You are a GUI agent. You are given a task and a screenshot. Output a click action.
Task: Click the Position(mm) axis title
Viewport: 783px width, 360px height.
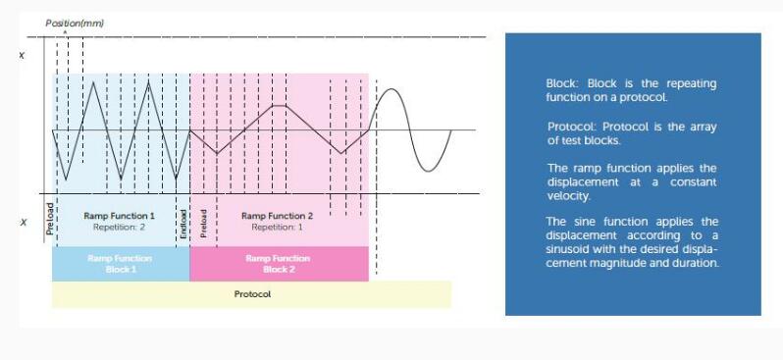(x=75, y=23)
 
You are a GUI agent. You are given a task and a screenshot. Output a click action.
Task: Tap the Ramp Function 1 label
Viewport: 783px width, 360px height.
(x=120, y=216)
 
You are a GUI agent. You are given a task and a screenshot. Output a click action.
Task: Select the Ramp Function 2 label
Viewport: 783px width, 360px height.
(x=277, y=216)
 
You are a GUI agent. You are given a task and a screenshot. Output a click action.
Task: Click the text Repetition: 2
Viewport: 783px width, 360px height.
(x=119, y=228)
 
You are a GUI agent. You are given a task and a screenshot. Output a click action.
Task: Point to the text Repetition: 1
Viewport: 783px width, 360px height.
(x=277, y=228)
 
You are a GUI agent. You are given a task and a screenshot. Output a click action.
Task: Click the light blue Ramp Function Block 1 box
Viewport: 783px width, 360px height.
(x=121, y=264)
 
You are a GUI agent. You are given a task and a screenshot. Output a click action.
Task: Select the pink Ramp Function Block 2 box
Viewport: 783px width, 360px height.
(x=279, y=264)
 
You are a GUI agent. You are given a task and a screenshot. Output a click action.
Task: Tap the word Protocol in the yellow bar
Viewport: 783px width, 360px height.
(x=252, y=294)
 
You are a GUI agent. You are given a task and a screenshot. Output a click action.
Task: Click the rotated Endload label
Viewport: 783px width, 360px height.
(x=183, y=224)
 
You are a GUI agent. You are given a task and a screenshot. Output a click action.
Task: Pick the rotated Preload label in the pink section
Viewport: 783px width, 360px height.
(x=203, y=223)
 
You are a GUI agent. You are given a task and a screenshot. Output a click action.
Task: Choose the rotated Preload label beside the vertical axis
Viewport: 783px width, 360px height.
(x=49, y=219)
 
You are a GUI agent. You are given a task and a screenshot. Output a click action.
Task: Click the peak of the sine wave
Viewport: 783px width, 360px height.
(x=392, y=89)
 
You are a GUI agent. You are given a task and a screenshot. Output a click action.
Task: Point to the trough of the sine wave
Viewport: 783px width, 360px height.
(x=428, y=172)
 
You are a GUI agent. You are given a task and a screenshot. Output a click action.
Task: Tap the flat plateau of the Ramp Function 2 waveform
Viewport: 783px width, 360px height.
(x=279, y=105)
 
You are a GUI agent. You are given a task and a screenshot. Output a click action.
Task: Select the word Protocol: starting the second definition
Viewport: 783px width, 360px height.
(x=573, y=127)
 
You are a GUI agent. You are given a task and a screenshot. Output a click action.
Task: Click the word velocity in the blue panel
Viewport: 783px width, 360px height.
(x=569, y=196)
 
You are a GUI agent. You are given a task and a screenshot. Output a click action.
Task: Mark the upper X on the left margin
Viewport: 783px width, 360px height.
(x=22, y=56)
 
